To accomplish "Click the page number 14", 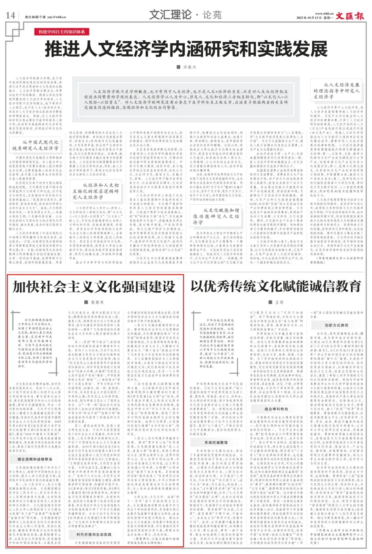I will [x=10, y=15].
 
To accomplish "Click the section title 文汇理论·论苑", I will [x=185, y=15].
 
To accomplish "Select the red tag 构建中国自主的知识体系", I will [x=62, y=32].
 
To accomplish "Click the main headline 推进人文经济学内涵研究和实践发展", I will [x=186, y=49].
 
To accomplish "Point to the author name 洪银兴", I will [x=189, y=67].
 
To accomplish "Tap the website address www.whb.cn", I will [x=324, y=14].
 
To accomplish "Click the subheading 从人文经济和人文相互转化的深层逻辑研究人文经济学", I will [x=95, y=191].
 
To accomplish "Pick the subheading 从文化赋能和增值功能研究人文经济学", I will [x=216, y=216].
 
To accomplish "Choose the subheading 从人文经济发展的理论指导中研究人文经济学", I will [x=336, y=91].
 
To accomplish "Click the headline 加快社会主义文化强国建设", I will [x=94, y=287].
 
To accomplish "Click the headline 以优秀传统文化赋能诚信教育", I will [x=276, y=287].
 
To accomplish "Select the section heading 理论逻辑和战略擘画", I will [x=35, y=459].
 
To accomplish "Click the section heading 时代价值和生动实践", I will [x=94, y=534].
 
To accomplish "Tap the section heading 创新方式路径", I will [x=336, y=325].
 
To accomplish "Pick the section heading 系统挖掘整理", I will [x=216, y=442].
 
